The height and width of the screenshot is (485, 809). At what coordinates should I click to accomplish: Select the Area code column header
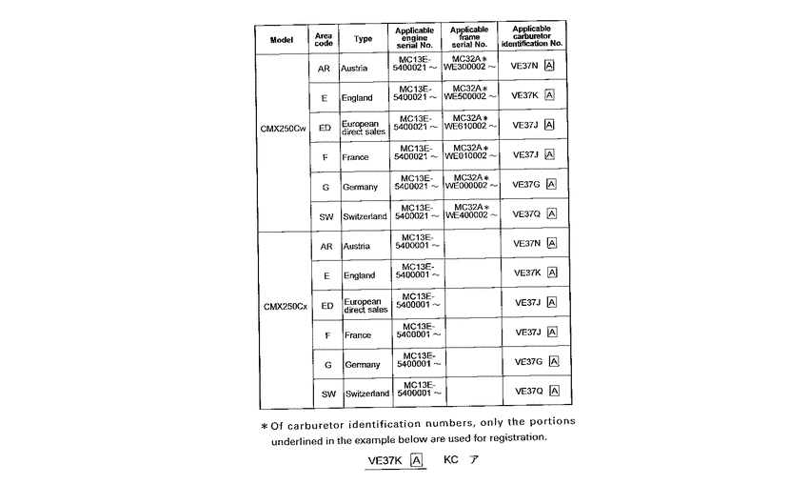tap(324, 39)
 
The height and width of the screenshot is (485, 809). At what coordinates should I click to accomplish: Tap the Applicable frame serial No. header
tap(469, 37)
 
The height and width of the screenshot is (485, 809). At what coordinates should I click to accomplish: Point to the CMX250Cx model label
tap(284, 306)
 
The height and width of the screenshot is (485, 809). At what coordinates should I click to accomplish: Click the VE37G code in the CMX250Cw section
tap(526, 185)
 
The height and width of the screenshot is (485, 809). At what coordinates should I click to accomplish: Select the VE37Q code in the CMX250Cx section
tap(529, 391)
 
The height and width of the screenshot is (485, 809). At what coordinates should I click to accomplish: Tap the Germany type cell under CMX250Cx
tap(362, 364)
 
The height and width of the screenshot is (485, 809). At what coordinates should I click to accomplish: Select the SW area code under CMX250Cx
tap(326, 393)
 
